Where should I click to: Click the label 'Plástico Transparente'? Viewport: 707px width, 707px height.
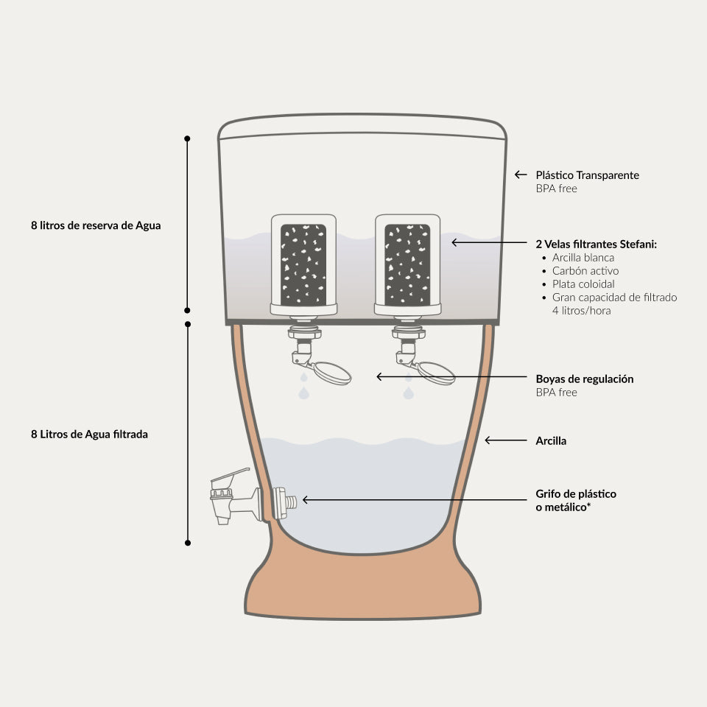tap(587, 175)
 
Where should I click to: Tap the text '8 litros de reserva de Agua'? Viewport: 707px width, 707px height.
tap(96, 226)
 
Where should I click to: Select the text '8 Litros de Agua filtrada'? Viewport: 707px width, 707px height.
tap(89, 435)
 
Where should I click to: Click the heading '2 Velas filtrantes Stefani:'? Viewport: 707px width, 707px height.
tap(596, 244)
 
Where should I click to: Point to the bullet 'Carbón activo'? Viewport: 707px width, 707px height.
tap(585, 271)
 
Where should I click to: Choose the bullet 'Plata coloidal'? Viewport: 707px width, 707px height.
tap(583, 284)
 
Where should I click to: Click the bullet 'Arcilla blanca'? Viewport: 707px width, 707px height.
tap(583, 258)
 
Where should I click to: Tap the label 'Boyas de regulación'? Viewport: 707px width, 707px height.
tap(585, 379)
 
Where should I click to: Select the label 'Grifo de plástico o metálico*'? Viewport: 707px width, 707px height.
tap(576, 500)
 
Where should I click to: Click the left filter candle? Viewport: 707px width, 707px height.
tap(304, 264)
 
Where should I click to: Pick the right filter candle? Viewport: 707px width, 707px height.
tap(407, 264)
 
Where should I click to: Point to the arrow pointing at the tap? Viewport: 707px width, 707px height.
tap(412, 499)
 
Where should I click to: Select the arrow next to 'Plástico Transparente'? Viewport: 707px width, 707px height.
tap(521, 175)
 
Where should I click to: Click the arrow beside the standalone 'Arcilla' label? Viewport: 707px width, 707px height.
tap(504, 440)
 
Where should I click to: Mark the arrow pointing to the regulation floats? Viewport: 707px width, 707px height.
tap(449, 376)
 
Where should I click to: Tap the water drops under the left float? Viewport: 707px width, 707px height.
tap(304, 388)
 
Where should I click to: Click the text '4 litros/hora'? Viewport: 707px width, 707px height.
tap(581, 311)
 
